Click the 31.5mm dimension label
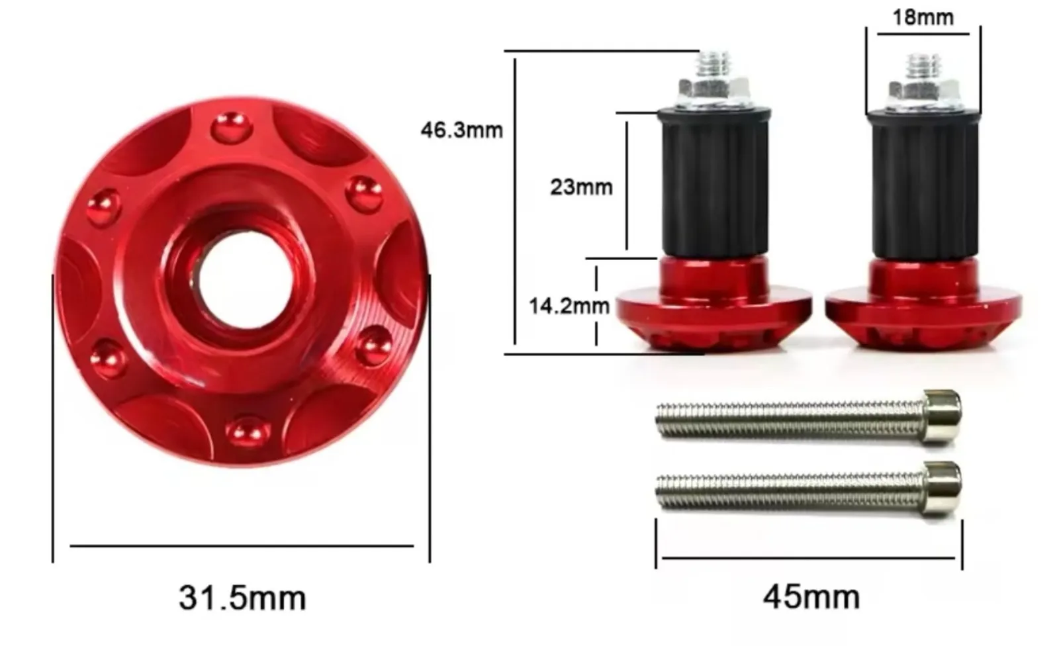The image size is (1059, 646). tap(242, 598)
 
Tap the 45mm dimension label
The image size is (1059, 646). tap(811, 597)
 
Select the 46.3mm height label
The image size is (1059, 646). tap(462, 130)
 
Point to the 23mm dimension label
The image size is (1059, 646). tap(581, 187)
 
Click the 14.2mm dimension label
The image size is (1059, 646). tap(569, 306)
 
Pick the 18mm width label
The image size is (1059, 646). tap(923, 17)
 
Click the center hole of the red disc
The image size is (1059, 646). tap(246, 279)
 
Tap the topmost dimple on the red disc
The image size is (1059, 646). tap(231, 128)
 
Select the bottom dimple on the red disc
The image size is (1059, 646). tap(248, 432)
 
